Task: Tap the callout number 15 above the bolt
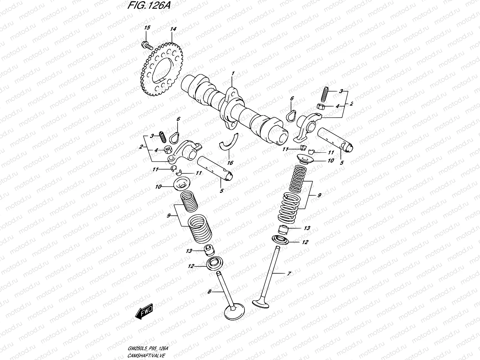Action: [x=147, y=28]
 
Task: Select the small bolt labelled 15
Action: [x=145, y=45]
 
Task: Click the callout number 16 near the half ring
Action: [x=230, y=163]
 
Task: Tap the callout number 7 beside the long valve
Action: [x=289, y=274]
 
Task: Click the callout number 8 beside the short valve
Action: [x=209, y=291]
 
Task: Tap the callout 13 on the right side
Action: [x=307, y=228]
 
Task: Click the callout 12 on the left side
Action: [x=191, y=266]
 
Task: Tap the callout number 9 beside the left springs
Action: [x=169, y=215]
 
